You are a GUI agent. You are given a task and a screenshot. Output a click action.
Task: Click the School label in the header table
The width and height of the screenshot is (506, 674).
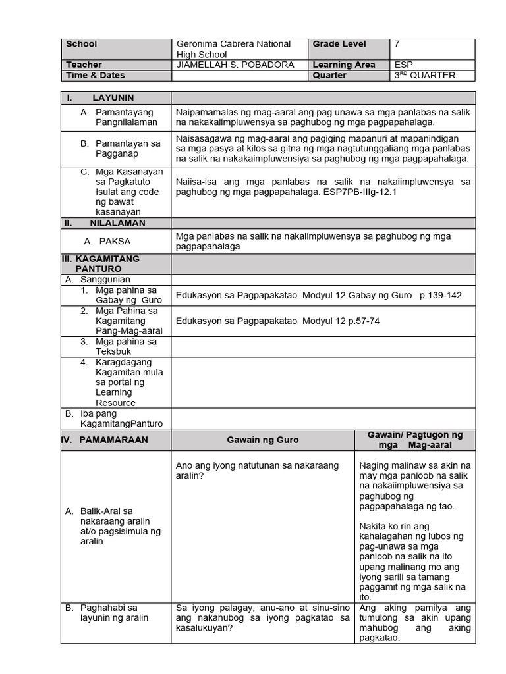[81, 44]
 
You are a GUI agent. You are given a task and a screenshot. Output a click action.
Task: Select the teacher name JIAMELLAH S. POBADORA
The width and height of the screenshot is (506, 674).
[235, 65]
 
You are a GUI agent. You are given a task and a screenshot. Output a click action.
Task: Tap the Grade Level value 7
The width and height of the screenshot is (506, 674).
[397, 44]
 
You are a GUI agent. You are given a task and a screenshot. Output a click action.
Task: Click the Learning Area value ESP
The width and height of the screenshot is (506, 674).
[403, 65]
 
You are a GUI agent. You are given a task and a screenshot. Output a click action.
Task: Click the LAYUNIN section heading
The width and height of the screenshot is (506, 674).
[113, 97]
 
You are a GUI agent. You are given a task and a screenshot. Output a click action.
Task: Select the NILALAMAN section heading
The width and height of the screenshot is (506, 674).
[117, 223]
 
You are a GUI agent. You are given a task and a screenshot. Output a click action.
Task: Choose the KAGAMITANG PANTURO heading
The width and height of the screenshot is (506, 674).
[99, 264]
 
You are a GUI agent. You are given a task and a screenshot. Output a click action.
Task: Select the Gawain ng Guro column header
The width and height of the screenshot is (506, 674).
[262, 440]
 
